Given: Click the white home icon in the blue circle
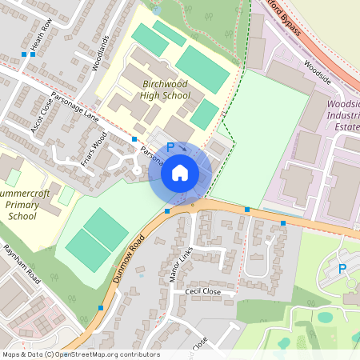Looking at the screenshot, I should (x=180, y=172).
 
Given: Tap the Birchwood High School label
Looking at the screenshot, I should (x=166, y=90).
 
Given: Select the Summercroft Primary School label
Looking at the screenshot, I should (x=22, y=205).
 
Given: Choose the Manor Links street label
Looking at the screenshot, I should (x=182, y=266).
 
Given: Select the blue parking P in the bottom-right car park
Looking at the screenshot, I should (x=342, y=269).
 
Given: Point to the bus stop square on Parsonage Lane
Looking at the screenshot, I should (x=134, y=139).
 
